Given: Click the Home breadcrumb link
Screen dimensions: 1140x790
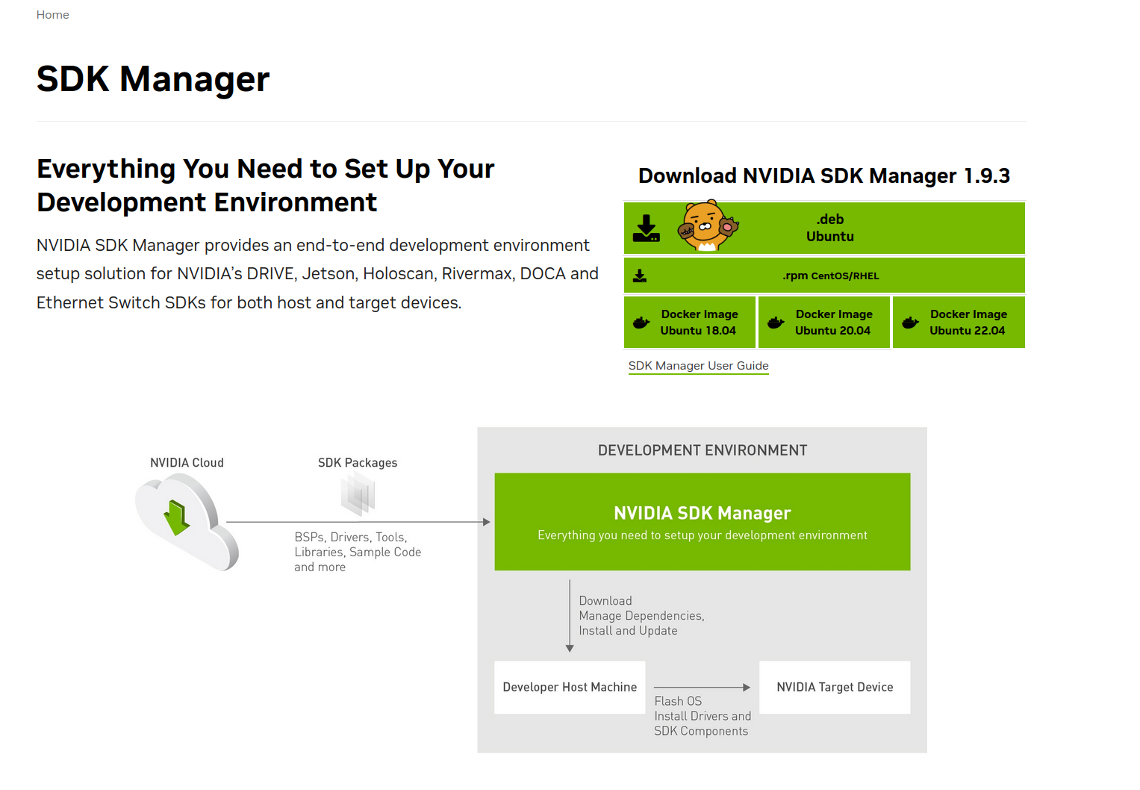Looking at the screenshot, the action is click(x=52, y=15).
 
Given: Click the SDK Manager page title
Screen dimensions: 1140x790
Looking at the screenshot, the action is click(x=153, y=79).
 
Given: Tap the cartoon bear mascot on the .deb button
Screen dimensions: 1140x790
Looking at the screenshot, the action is click(x=706, y=226).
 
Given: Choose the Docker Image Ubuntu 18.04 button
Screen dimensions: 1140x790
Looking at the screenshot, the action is click(x=690, y=323).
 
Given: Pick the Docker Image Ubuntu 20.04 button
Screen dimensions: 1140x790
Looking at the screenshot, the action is click(x=824, y=323).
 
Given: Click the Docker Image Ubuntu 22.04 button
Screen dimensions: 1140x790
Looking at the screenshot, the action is click(x=959, y=323).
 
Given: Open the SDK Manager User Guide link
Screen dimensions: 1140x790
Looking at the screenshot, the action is click(x=698, y=366).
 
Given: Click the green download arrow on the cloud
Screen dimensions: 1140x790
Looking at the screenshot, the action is click(x=177, y=517).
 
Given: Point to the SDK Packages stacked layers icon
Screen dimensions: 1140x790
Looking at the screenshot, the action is click(x=358, y=494).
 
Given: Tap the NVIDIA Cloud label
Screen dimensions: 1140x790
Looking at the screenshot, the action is click(x=187, y=463).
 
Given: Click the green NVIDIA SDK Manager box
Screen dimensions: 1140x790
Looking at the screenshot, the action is click(x=702, y=522).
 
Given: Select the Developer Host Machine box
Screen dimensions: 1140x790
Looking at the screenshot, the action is click(x=570, y=687).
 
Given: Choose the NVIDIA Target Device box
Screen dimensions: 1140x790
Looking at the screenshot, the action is click(x=835, y=687).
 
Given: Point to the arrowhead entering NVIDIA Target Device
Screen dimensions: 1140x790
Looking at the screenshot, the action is click(x=747, y=687).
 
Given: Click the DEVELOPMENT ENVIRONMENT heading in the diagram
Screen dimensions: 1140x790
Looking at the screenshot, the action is click(x=702, y=450).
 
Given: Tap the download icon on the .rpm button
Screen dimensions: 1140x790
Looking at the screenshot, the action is click(x=640, y=276).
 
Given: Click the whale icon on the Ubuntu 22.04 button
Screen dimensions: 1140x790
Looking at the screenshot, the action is click(x=910, y=323).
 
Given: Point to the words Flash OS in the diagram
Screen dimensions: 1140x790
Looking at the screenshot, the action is click(x=678, y=701).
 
